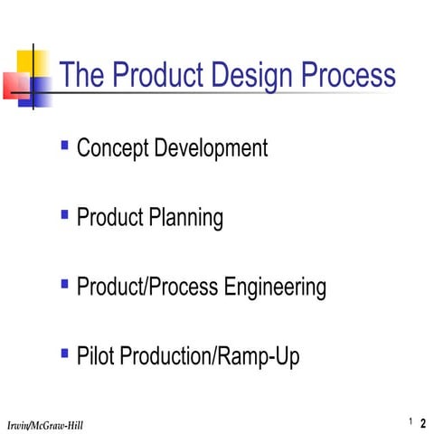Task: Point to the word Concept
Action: (112, 148)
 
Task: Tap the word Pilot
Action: (94, 357)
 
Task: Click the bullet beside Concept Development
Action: (64, 144)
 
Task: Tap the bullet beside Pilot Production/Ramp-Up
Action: (64, 353)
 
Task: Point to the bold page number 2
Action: (423, 423)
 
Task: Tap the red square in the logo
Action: (15, 85)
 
